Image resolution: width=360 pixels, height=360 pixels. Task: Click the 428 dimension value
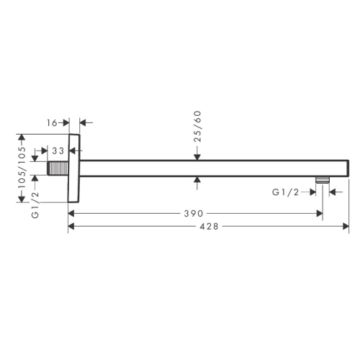click(209, 226)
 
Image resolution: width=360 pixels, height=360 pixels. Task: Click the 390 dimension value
click(194, 213)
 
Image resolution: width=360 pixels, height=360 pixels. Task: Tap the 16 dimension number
click(52, 123)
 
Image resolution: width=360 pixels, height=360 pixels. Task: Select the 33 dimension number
click(58, 151)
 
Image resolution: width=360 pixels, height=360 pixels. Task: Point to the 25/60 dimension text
click(197, 126)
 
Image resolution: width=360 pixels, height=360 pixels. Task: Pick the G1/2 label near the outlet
click(286, 192)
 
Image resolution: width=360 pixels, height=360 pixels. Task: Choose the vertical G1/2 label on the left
click(35, 204)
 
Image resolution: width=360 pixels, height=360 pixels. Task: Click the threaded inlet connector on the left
click(58, 168)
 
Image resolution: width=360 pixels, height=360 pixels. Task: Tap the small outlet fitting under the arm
click(323, 180)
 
